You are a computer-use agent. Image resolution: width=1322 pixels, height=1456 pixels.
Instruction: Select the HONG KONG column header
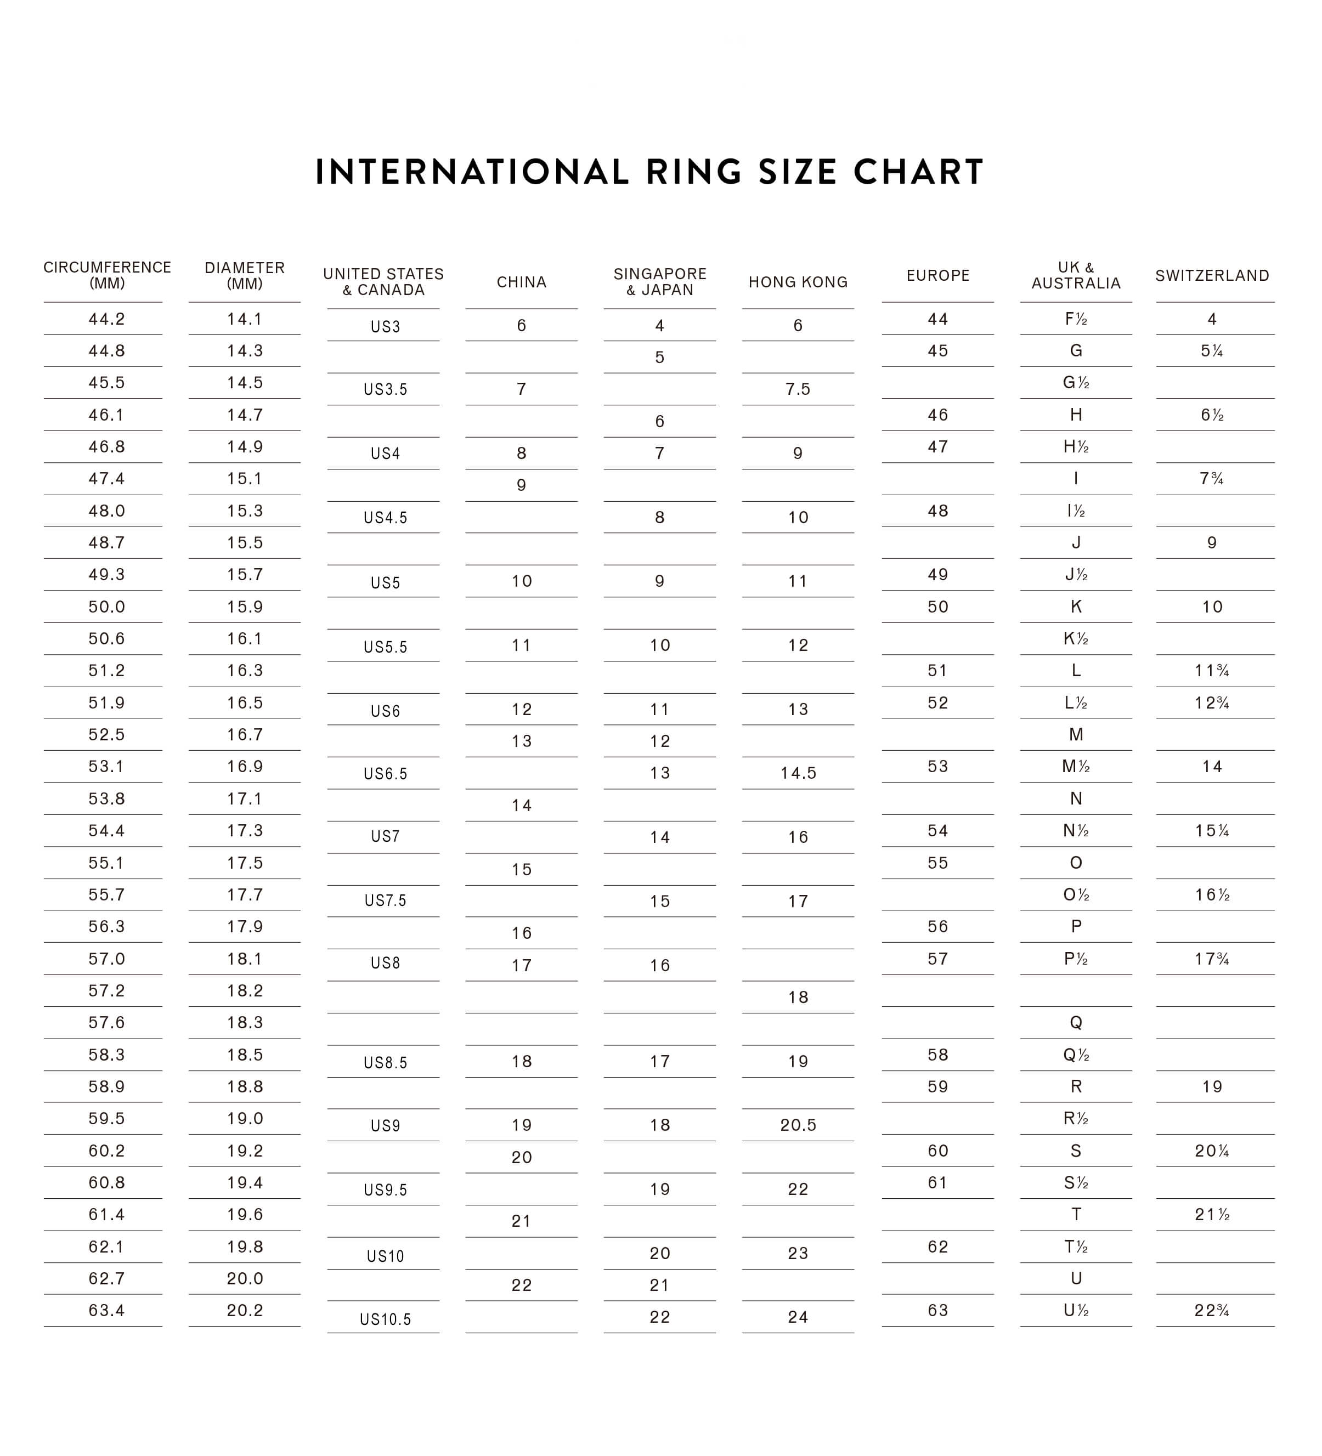tap(798, 282)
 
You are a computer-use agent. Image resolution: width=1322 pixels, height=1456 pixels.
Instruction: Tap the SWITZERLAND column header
tap(1212, 276)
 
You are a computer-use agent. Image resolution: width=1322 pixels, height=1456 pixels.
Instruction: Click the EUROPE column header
tap(937, 276)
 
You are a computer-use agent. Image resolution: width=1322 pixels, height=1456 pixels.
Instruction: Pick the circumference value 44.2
tap(107, 319)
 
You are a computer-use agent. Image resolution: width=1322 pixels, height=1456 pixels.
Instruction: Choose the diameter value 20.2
tap(245, 1311)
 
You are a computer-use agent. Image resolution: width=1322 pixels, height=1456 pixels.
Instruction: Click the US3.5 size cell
tap(385, 390)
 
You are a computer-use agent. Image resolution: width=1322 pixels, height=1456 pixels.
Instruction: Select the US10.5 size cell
tap(385, 1319)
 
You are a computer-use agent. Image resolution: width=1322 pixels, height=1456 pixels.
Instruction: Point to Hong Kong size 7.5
tap(798, 390)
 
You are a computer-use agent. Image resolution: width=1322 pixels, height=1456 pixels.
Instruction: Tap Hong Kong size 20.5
tap(798, 1125)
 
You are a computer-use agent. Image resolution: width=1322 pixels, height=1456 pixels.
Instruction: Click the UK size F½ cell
tap(1076, 319)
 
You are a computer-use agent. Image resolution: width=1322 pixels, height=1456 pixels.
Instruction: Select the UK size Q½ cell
tap(1076, 1055)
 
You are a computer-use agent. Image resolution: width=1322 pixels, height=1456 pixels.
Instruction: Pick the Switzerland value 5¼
tap(1212, 351)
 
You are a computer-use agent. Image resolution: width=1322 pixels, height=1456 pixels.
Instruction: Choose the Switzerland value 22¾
tap(1212, 1311)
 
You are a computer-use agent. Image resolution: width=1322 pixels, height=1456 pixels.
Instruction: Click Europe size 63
tap(937, 1311)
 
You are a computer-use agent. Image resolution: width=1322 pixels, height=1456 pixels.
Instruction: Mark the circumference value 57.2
tap(107, 991)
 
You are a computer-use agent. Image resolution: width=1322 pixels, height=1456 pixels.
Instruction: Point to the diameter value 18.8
tap(245, 1087)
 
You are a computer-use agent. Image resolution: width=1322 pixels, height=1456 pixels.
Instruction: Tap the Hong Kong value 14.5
tap(798, 773)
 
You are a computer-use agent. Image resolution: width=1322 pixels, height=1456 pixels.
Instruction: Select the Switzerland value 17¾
tap(1212, 959)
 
